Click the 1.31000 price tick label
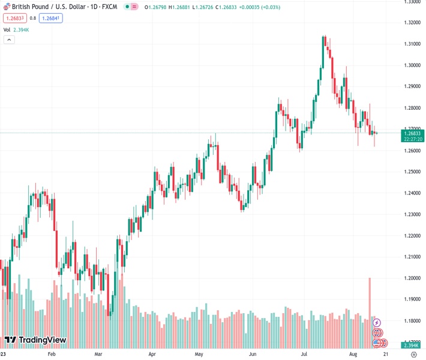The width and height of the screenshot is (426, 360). point(411,44)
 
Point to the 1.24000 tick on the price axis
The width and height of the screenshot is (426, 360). point(411,193)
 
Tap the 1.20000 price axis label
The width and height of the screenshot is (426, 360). point(411,278)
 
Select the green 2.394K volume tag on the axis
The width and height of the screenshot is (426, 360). point(411,346)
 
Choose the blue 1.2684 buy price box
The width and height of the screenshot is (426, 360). point(51,18)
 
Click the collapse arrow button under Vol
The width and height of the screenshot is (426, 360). point(9,39)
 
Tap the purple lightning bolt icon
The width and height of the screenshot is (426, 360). point(377,323)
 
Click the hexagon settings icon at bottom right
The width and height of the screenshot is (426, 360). point(413,355)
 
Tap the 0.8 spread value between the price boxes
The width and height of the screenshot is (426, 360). point(32,18)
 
